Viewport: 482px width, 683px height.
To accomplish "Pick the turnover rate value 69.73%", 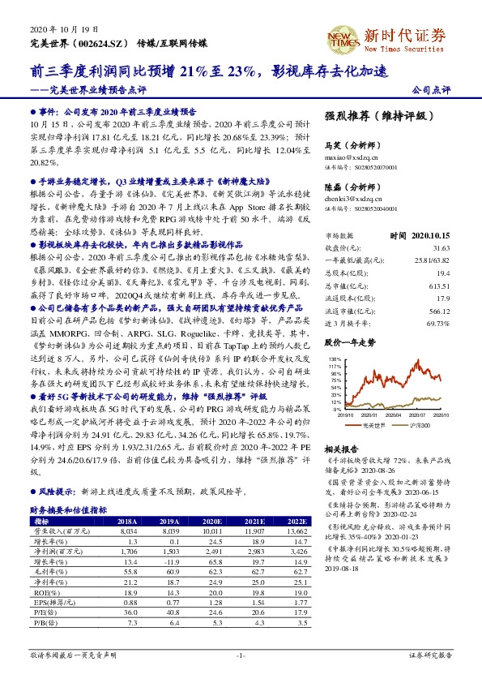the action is (437, 300).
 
